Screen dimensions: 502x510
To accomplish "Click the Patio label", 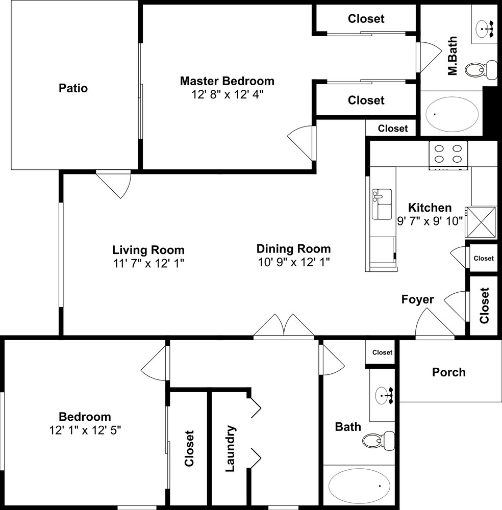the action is click(x=73, y=88).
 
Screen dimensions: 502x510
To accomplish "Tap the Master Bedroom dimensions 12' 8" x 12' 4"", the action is click(x=227, y=95).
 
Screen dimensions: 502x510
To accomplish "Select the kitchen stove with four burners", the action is click(x=448, y=155).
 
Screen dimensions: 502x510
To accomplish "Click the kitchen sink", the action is click(x=382, y=204).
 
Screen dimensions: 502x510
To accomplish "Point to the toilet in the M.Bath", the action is click(x=481, y=69).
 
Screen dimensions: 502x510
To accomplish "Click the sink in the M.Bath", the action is click(x=485, y=29).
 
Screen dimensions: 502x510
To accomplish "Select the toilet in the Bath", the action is click(x=379, y=441).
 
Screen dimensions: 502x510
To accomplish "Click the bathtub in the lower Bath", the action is click(x=359, y=486).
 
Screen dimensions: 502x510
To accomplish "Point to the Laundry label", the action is click(x=231, y=448).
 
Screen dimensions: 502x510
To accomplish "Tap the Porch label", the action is click(x=448, y=372).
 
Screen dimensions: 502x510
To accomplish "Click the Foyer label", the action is click(x=417, y=299).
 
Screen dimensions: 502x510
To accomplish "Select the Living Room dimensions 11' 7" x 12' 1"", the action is click(x=148, y=263).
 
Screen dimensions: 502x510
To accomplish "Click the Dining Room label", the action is click(x=293, y=249).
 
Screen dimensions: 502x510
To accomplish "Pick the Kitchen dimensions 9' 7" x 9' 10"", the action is click(x=430, y=221).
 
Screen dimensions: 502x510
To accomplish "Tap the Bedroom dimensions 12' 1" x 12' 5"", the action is click(x=85, y=430).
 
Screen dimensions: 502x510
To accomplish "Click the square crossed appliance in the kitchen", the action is click(x=481, y=222).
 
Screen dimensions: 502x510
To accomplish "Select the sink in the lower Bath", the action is click(x=384, y=396).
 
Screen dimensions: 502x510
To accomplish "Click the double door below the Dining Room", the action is click(x=284, y=325).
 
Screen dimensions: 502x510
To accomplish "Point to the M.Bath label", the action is click(x=453, y=56).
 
